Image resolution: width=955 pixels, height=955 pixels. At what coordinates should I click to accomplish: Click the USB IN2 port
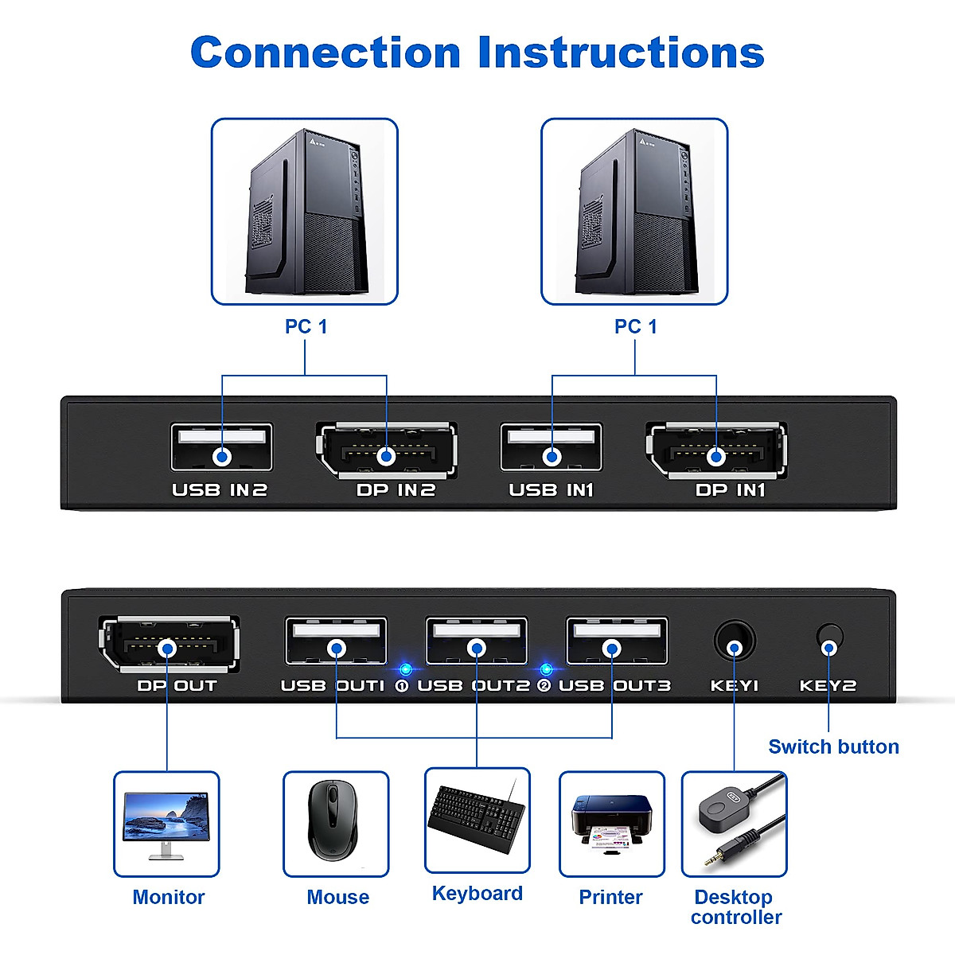tap(221, 448)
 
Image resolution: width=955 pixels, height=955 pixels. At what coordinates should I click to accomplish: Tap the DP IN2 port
tap(387, 451)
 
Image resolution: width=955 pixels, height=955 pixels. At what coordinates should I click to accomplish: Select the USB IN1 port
tap(552, 448)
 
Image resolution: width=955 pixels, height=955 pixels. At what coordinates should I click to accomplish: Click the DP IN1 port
tap(716, 451)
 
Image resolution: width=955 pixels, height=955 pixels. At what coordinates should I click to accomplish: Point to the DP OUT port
tap(168, 644)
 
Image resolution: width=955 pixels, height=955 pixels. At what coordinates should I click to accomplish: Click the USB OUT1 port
tap(336, 641)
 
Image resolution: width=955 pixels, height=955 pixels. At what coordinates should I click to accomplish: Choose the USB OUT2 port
tap(476, 641)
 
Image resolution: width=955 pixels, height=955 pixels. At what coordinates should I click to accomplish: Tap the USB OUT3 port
tap(616, 641)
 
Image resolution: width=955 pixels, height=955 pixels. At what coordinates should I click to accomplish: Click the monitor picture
tap(166, 824)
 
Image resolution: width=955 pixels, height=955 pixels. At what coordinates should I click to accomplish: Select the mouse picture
tap(336, 824)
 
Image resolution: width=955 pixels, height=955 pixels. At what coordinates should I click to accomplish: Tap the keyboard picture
tap(477, 820)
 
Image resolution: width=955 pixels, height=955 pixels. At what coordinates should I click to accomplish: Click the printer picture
tap(611, 824)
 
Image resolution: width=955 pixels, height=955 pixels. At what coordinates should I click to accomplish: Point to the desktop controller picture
tap(734, 824)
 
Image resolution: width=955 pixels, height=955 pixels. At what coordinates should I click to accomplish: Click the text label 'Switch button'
tap(833, 746)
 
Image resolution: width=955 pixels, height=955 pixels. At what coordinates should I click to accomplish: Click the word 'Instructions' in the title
tap(621, 53)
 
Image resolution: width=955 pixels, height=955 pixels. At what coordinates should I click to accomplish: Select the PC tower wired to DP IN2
tap(304, 212)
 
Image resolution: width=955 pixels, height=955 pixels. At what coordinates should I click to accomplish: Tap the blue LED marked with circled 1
tap(406, 668)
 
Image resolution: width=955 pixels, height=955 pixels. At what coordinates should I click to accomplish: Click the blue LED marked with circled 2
tap(546, 668)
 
